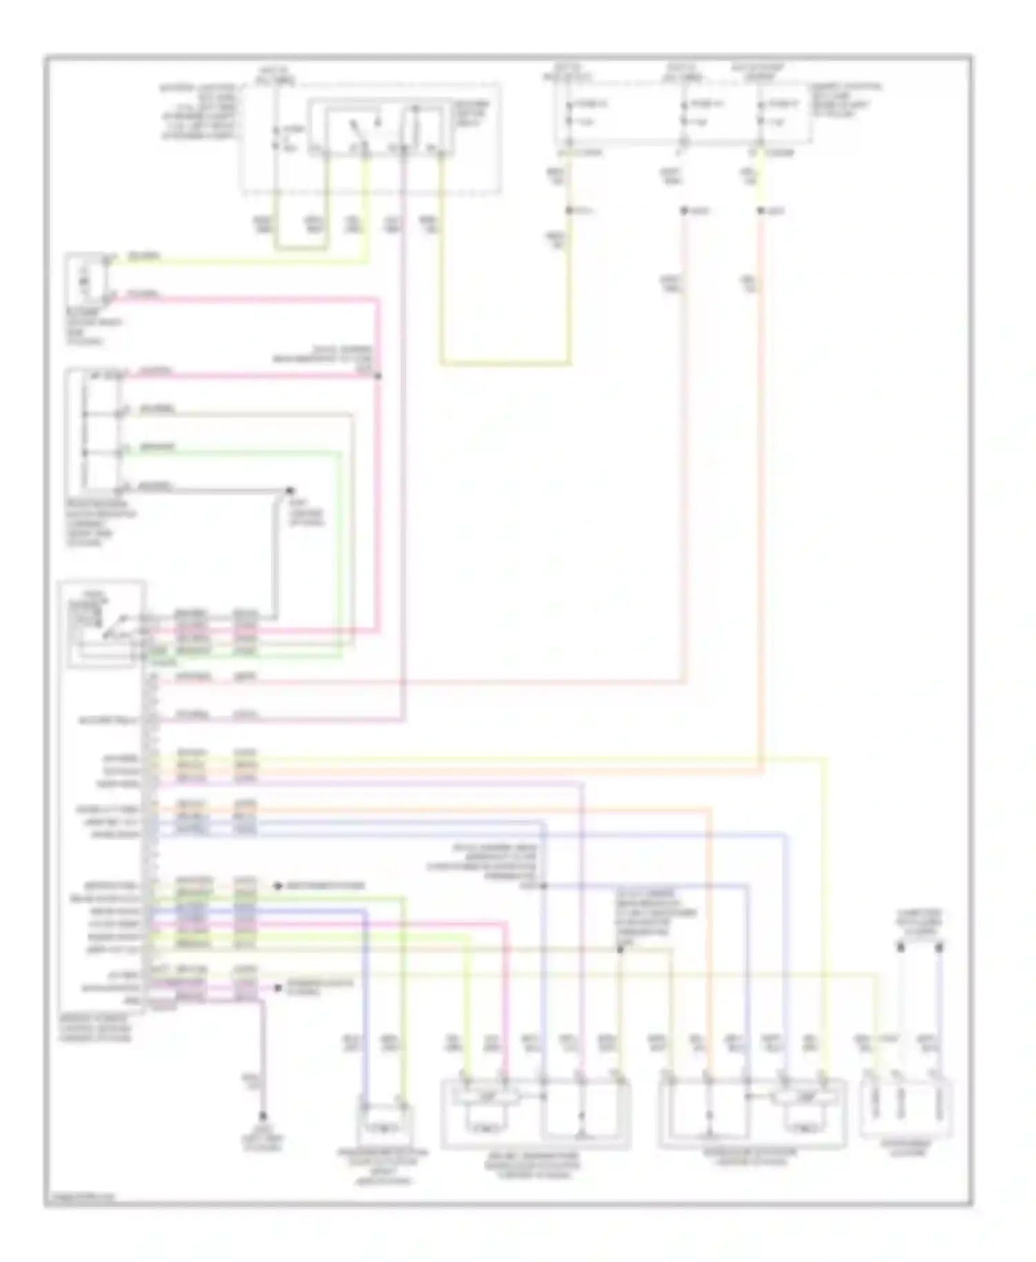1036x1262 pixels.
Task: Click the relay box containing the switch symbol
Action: click(x=382, y=130)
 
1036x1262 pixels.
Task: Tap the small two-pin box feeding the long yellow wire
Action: click(x=86, y=280)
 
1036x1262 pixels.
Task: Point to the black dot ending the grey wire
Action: click(x=290, y=490)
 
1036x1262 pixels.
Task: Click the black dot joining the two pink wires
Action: click(x=378, y=376)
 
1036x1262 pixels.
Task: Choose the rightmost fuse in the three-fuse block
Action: click(x=760, y=114)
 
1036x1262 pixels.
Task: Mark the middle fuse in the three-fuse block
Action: click(x=683, y=114)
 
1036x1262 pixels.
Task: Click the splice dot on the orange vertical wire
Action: click(x=760, y=211)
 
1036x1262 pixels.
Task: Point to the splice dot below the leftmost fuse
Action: click(x=569, y=210)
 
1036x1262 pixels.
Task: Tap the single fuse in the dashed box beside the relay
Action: click(x=276, y=138)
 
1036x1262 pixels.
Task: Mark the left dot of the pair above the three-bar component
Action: click(x=901, y=948)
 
